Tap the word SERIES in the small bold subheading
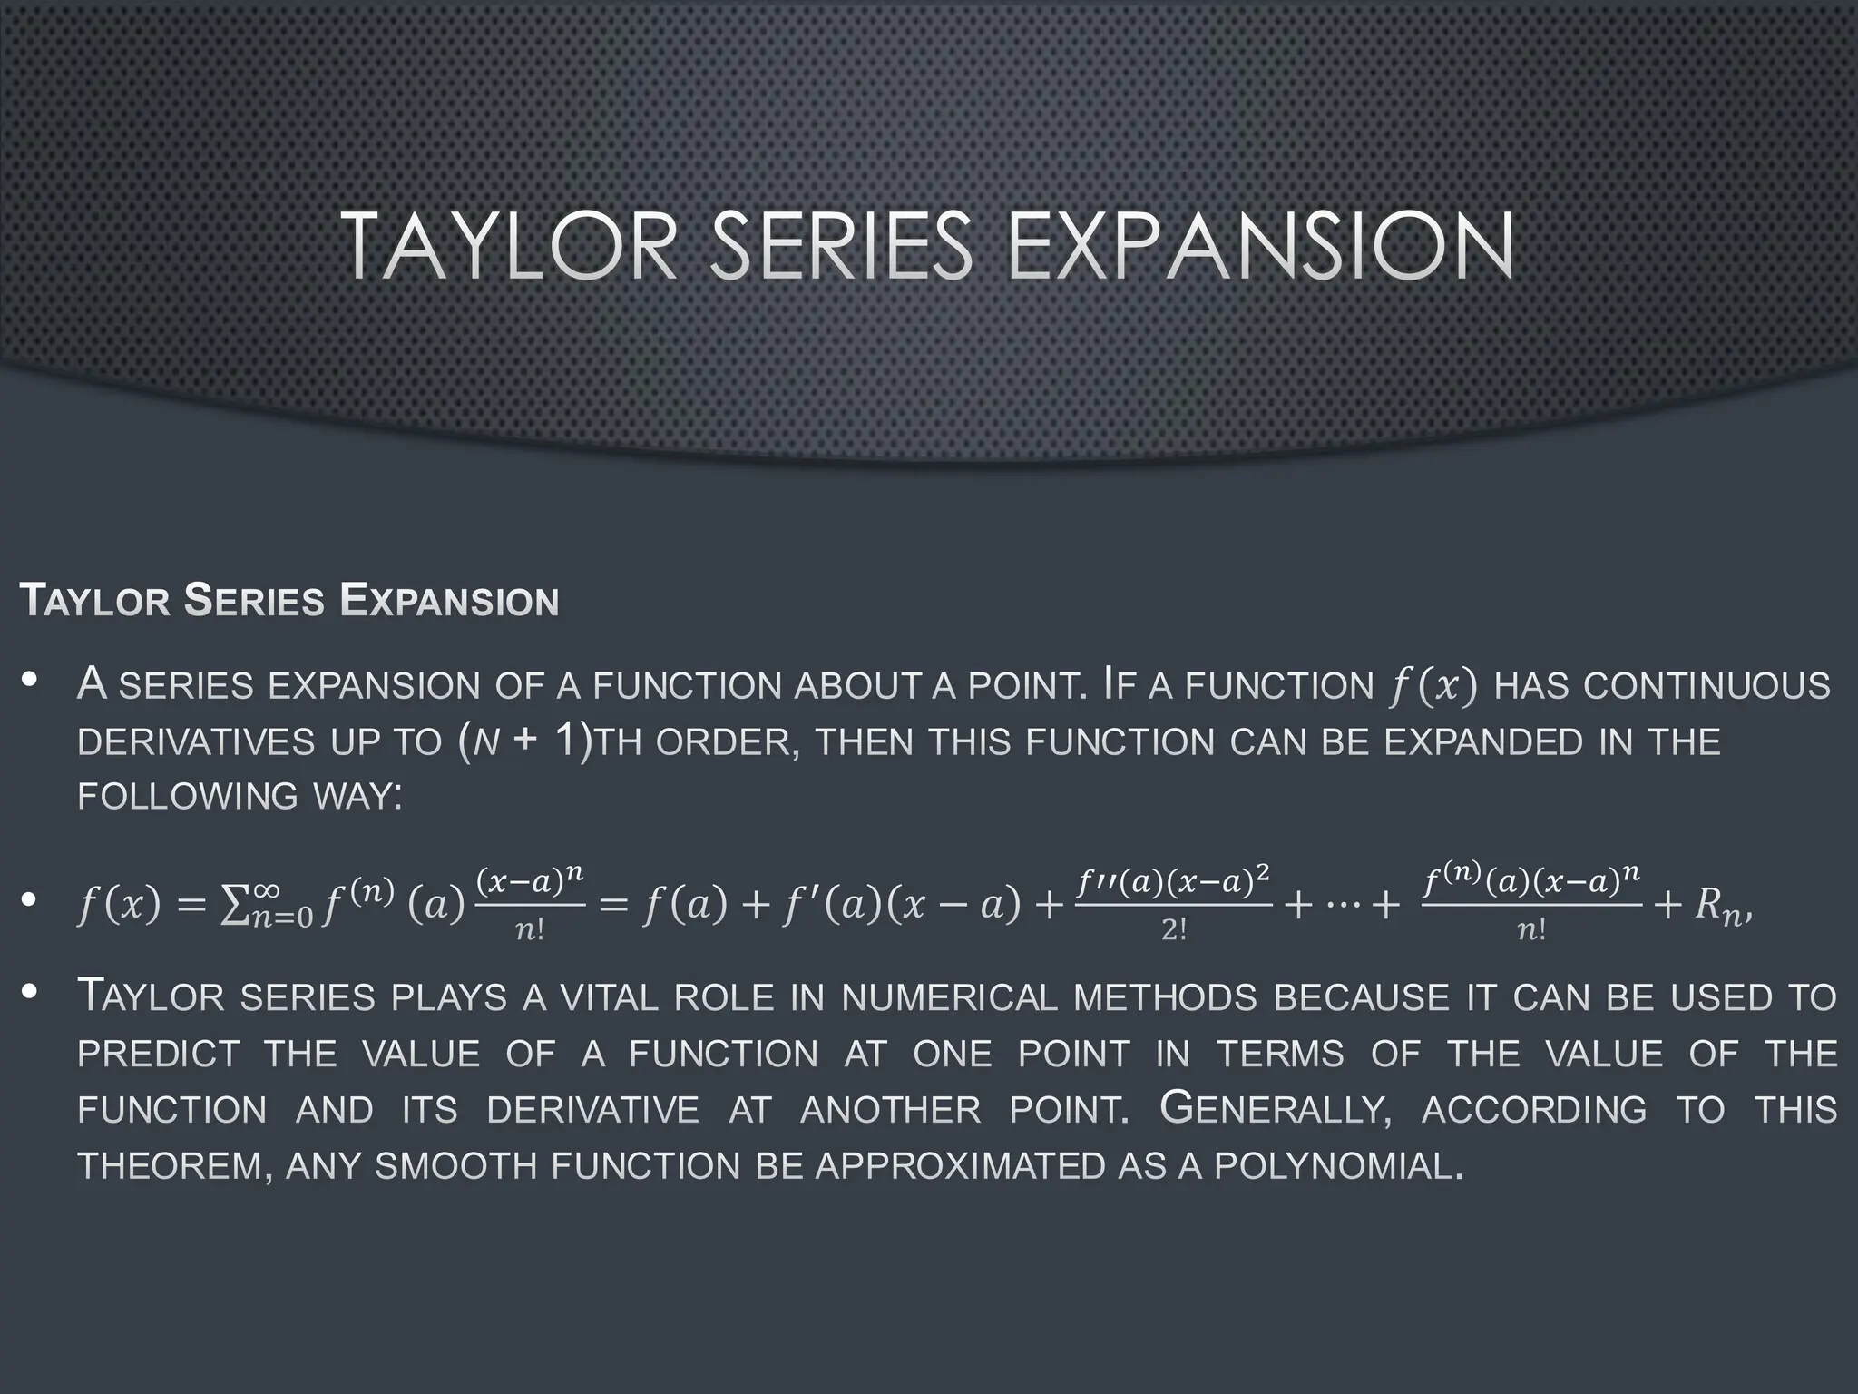click(253, 601)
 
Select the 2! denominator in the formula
click(1174, 931)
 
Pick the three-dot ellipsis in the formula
click(1340, 906)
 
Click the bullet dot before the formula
click(30, 900)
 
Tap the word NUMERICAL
click(949, 998)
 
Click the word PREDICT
click(159, 1055)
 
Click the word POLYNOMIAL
click(1337, 1166)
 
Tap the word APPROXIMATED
click(959, 1166)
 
